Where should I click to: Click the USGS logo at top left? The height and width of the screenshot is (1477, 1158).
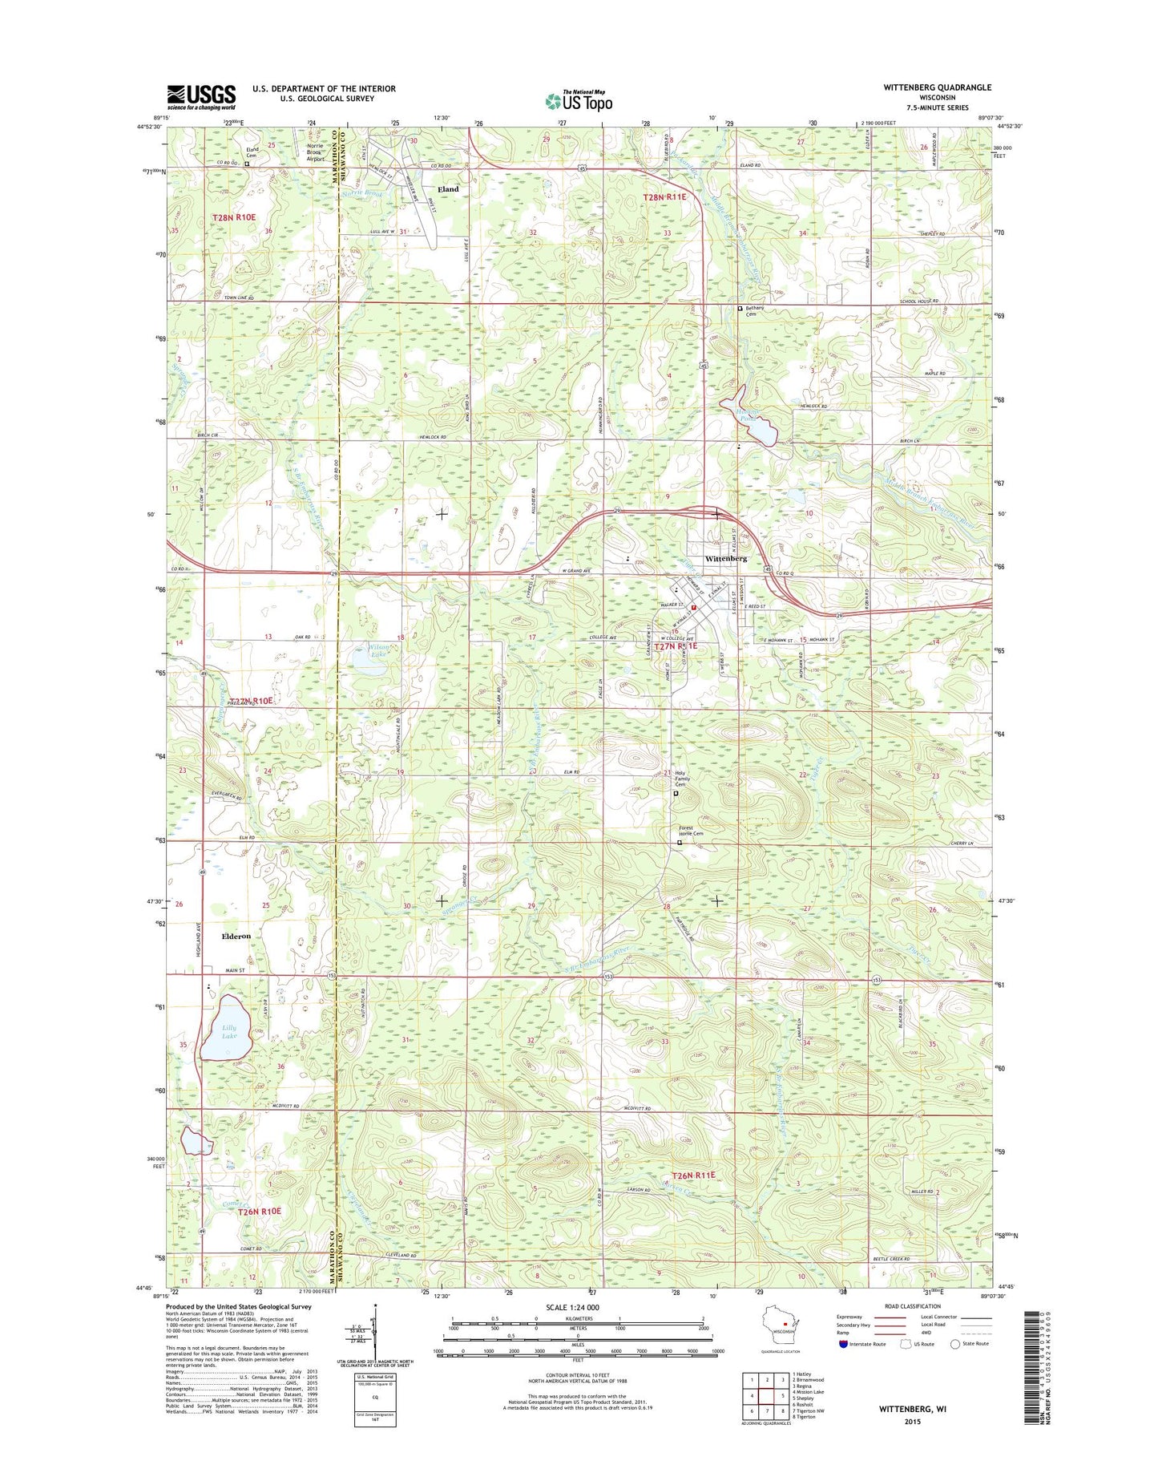(200, 96)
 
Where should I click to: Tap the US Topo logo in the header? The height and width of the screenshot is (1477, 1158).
(579, 100)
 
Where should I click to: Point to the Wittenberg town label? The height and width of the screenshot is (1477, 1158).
(726, 558)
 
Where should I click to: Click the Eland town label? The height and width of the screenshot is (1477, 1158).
(447, 189)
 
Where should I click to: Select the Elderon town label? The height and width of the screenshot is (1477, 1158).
(236, 936)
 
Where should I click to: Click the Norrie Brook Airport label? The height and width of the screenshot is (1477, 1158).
(316, 152)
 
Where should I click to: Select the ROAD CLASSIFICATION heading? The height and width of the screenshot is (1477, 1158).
(913, 1306)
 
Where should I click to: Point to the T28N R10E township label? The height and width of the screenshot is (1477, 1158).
(234, 217)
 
